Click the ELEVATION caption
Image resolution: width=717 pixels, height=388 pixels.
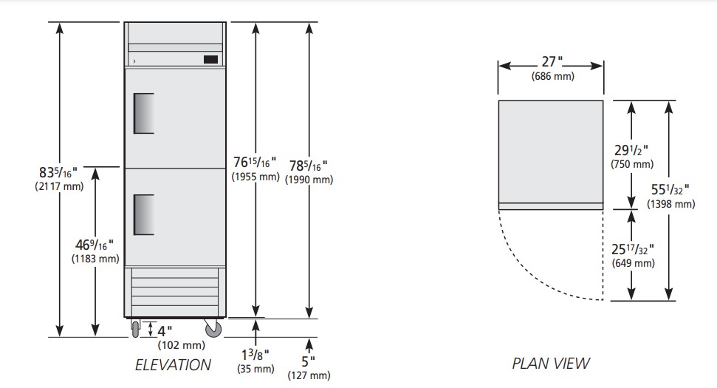tap(173, 364)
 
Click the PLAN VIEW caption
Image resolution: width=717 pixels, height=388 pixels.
tap(551, 364)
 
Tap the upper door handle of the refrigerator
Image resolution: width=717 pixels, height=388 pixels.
tap(143, 114)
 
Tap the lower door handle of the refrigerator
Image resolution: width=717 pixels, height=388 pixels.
tap(143, 214)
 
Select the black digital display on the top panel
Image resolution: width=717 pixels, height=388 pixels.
tap(210, 59)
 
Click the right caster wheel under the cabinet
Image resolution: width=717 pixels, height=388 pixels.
tap(213, 328)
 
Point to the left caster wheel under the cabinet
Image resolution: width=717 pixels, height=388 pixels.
tap(135, 329)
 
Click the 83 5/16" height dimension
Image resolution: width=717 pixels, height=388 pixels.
tap(58, 172)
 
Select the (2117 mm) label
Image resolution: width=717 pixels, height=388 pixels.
tap(59, 186)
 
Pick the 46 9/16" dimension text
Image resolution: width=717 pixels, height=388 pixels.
tap(95, 245)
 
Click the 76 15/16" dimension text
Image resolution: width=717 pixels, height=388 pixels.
tap(255, 162)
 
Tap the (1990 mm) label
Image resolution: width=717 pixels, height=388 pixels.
tap(309, 180)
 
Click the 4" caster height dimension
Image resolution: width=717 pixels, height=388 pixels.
tap(165, 330)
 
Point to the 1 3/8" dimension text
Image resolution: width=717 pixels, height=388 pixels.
tap(255, 354)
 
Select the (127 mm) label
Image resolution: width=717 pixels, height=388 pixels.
tap(309, 375)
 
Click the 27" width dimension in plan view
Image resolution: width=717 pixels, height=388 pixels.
tap(552, 61)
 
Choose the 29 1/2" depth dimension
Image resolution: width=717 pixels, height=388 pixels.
tap(631, 150)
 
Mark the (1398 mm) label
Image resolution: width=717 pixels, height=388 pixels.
tap(670, 204)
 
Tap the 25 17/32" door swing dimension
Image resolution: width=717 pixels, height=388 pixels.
tap(632, 249)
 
